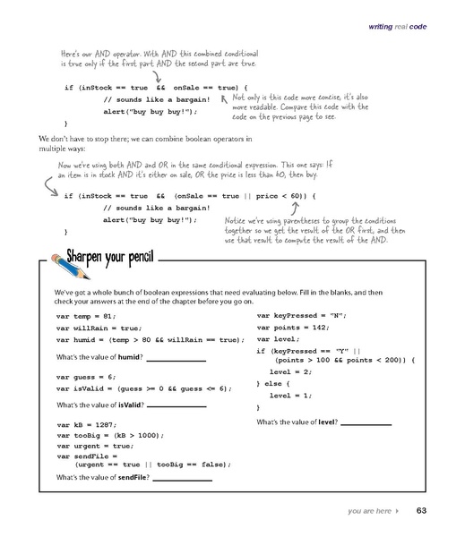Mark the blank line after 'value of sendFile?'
pos(183,477)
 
